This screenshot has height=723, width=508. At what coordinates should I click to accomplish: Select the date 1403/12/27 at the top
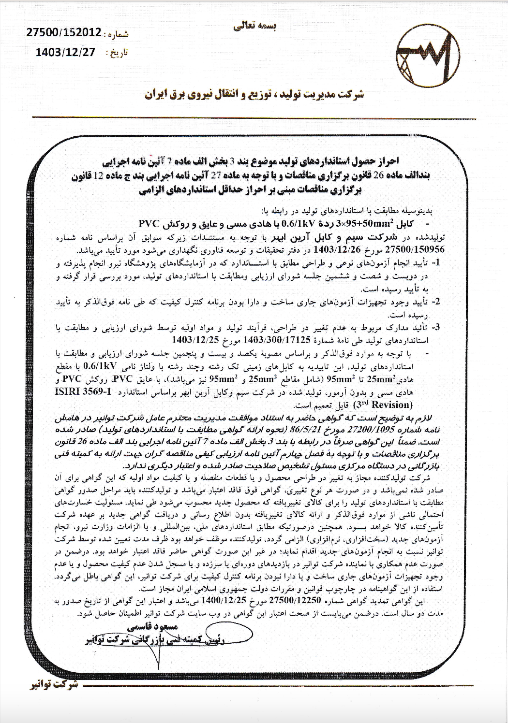pyautogui.click(x=66, y=52)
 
